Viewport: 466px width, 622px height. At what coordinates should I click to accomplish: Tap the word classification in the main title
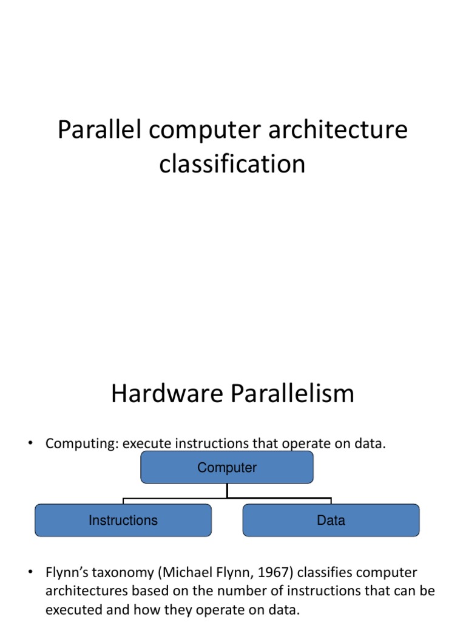pos(232,164)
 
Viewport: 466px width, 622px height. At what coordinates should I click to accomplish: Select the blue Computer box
pos(227,468)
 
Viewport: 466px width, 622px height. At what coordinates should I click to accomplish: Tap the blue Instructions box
pos(123,520)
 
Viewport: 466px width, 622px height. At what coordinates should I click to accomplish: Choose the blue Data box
pos(331,520)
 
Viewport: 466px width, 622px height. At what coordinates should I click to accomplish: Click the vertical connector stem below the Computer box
pos(227,491)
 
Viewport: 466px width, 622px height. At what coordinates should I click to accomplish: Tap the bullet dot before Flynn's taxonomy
pos(30,572)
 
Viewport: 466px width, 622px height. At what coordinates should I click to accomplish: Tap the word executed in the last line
pos(75,609)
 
